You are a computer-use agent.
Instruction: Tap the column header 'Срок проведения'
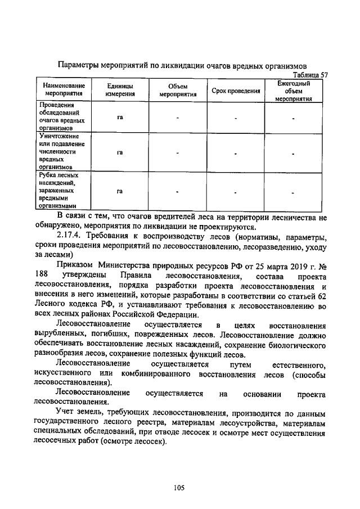tap(236, 91)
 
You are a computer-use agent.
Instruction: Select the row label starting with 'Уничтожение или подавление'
tap(60, 151)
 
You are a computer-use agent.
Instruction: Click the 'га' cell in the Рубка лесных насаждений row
tap(120, 191)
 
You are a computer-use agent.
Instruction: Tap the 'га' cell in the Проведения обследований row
tap(120, 117)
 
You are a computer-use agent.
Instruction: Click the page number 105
tap(179, 488)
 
